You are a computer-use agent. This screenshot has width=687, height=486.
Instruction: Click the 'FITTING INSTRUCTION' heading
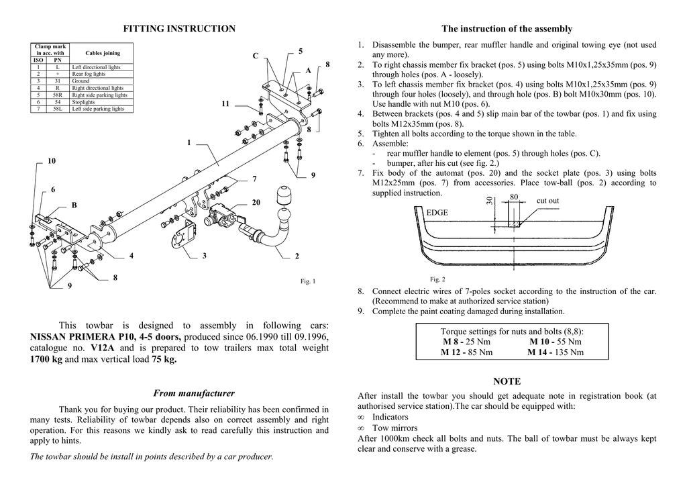point(180,29)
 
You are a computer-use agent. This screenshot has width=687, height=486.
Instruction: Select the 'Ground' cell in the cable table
point(81,81)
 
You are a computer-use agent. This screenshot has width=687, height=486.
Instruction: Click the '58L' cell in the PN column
point(58,109)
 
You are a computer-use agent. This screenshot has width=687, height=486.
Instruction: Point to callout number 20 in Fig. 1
point(256,202)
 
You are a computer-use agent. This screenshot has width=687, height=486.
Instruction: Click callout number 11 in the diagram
point(225,104)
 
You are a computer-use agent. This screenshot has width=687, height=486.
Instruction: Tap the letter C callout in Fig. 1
point(255,56)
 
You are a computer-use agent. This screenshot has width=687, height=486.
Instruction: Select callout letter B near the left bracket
point(74,205)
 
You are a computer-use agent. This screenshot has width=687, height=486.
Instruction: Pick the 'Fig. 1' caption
point(307,281)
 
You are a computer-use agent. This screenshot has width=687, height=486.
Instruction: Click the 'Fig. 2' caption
point(437,279)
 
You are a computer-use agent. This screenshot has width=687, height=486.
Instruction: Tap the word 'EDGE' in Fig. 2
point(437,212)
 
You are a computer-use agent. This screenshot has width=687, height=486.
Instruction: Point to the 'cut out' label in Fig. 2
point(547,201)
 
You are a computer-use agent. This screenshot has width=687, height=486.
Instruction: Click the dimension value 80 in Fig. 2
point(514,197)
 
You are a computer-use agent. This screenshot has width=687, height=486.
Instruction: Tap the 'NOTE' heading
point(507,381)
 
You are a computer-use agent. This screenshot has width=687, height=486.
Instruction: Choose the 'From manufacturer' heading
point(194,393)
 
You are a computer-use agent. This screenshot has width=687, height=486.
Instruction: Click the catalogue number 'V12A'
point(103,348)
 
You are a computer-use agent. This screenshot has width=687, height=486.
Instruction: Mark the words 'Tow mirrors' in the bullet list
point(394,428)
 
